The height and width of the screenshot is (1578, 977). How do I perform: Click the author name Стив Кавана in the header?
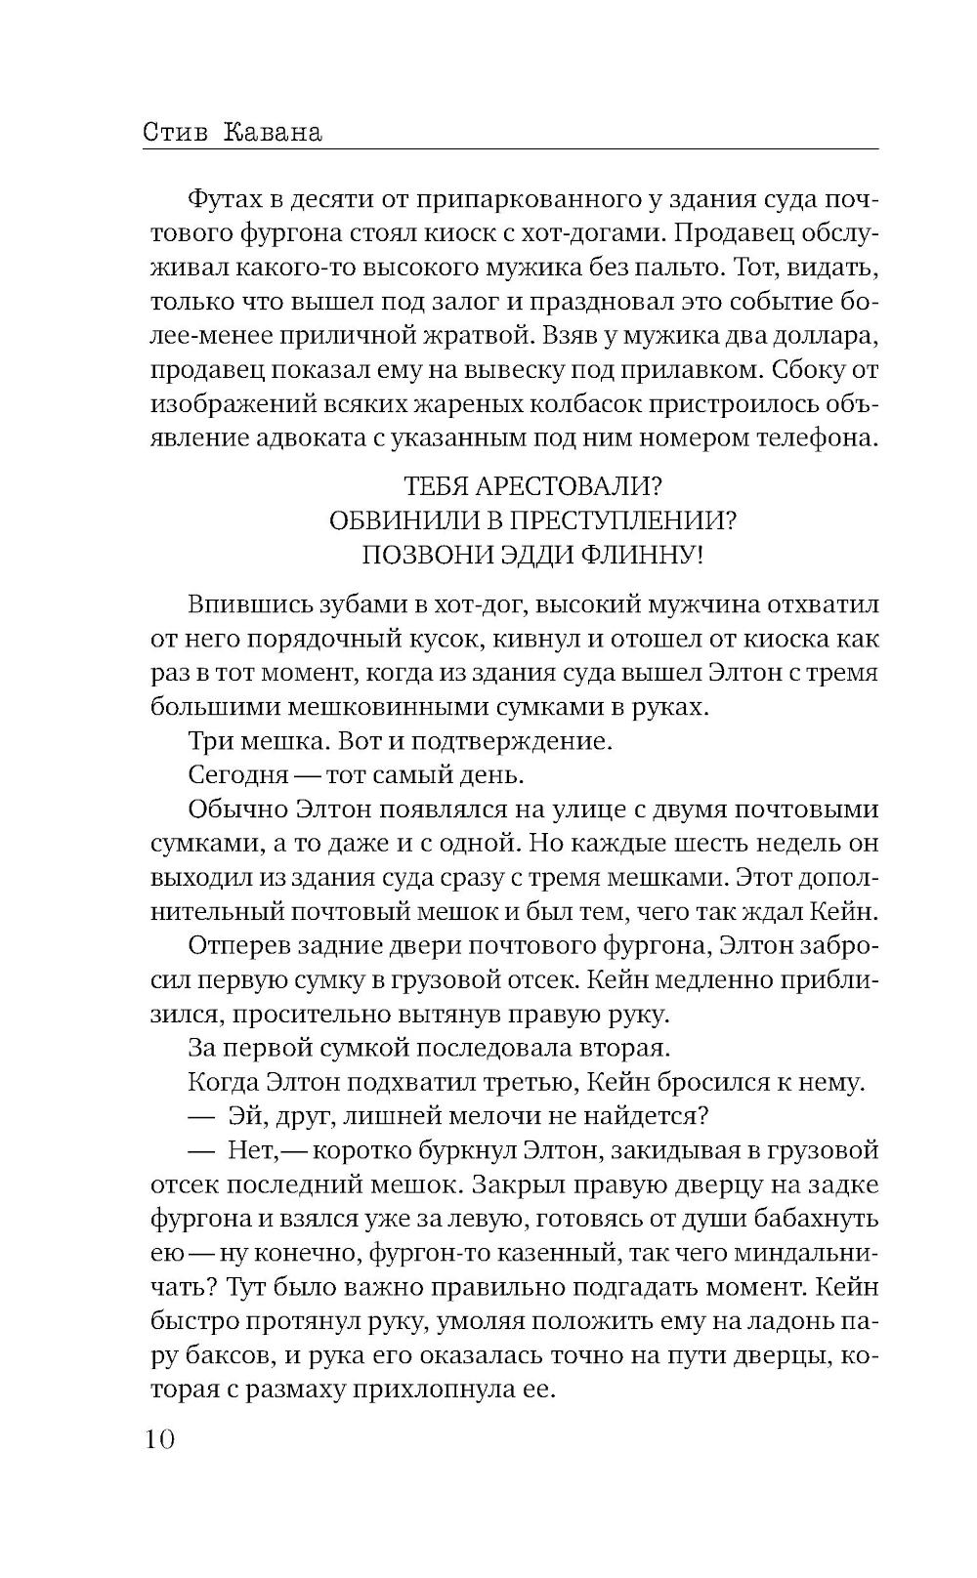pos(232,131)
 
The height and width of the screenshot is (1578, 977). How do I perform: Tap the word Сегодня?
pos(237,775)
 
